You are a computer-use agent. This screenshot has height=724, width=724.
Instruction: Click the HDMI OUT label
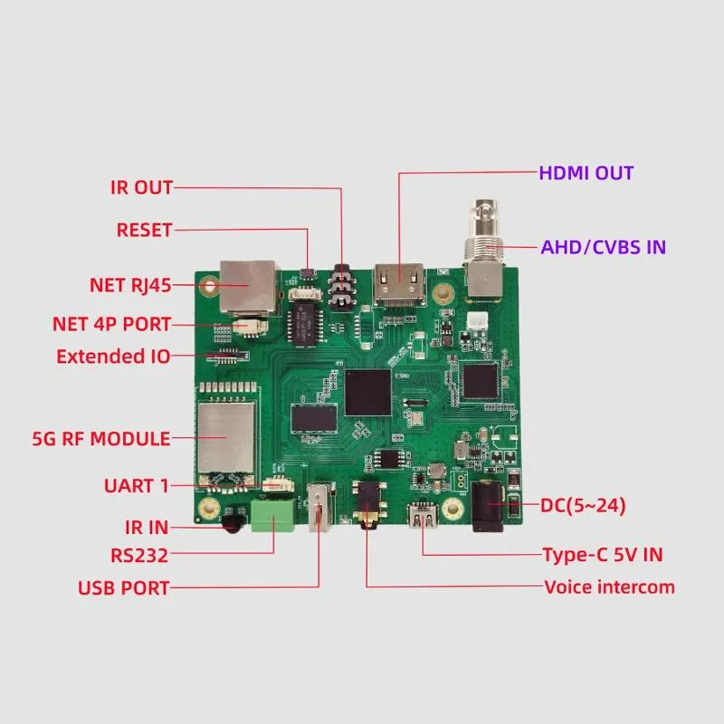coord(586,173)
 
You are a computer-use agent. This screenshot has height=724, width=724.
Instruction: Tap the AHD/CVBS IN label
coord(603,247)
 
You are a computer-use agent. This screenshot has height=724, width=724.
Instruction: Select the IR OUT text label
coord(142,187)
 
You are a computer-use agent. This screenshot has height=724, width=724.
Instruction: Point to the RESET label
coord(144,230)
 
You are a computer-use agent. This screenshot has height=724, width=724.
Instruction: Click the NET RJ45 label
coord(130,285)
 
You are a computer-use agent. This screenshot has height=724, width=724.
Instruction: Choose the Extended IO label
coord(113,357)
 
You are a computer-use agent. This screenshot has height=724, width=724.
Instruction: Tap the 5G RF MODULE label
coord(101,439)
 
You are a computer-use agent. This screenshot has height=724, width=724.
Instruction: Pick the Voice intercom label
coord(609,587)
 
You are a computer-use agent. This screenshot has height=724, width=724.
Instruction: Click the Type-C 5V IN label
coord(603,555)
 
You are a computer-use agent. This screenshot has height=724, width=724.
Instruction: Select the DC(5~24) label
coord(583,506)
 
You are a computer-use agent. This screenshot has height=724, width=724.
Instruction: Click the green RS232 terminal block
coord(273,516)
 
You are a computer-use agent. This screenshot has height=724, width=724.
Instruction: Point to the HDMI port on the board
coord(400,284)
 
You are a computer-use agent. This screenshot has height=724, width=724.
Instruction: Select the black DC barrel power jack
coord(488,506)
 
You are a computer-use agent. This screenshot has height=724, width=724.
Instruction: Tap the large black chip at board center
coord(368,393)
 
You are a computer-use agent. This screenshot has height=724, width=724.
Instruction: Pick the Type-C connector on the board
coord(423,517)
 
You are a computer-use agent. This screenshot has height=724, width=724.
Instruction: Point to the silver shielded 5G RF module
coord(226,437)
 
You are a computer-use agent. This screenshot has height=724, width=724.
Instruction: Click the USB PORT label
coord(123,587)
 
